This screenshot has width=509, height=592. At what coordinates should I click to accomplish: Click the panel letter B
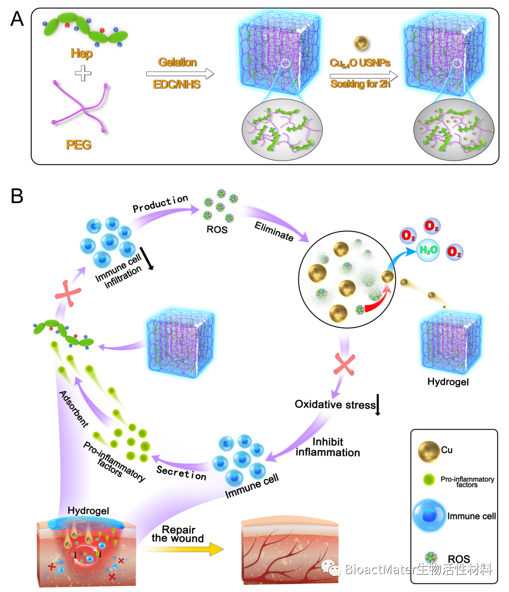[17, 195]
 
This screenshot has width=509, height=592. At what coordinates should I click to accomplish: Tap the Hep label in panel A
[82, 54]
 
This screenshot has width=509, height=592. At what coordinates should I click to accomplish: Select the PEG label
[79, 145]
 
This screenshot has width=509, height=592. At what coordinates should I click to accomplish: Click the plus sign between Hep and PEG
[83, 73]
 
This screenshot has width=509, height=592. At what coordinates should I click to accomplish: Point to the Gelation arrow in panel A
[180, 74]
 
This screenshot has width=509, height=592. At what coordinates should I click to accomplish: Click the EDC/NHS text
[177, 85]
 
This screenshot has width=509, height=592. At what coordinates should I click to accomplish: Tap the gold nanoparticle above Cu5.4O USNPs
[361, 43]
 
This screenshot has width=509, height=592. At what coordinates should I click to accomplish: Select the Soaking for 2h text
[360, 84]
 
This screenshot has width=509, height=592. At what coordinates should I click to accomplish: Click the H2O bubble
[428, 250]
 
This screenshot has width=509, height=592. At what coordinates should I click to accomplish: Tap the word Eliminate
[274, 231]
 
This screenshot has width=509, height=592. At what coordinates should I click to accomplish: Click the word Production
[160, 203]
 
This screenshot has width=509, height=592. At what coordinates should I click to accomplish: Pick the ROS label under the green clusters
[217, 230]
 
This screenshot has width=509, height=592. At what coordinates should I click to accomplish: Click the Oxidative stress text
[335, 405]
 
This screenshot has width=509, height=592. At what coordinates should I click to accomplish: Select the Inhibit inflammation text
[328, 447]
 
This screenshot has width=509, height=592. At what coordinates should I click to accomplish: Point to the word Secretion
[181, 473]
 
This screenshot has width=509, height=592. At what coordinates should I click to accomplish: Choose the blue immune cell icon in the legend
[429, 516]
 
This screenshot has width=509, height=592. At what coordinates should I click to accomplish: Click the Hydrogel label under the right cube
[448, 381]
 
